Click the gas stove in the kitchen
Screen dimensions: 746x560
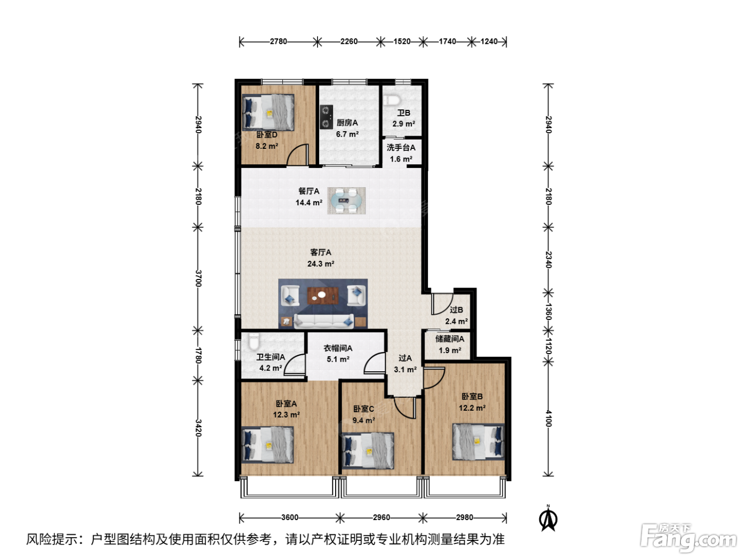tap(326, 117)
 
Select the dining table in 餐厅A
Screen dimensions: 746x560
tap(346, 201)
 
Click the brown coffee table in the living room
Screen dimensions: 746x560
tap(322, 295)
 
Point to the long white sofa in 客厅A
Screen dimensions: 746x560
tap(323, 321)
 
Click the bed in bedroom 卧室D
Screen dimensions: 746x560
tap(268, 112)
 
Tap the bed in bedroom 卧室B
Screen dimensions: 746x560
tap(478, 442)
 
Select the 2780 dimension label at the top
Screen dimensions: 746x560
tap(278, 42)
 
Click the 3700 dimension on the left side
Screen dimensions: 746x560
tap(198, 278)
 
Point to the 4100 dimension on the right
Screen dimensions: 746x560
tap(548, 418)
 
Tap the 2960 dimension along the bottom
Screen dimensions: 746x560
tap(382, 517)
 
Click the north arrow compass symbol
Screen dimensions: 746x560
tap(548, 518)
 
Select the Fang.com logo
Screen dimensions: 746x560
tap(688, 538)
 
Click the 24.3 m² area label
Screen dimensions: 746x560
tap(321, 263)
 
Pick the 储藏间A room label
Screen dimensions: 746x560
tap(450, 339)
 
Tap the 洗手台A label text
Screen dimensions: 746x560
tap(401, 148)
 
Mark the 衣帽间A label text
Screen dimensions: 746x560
tap(338, 348)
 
